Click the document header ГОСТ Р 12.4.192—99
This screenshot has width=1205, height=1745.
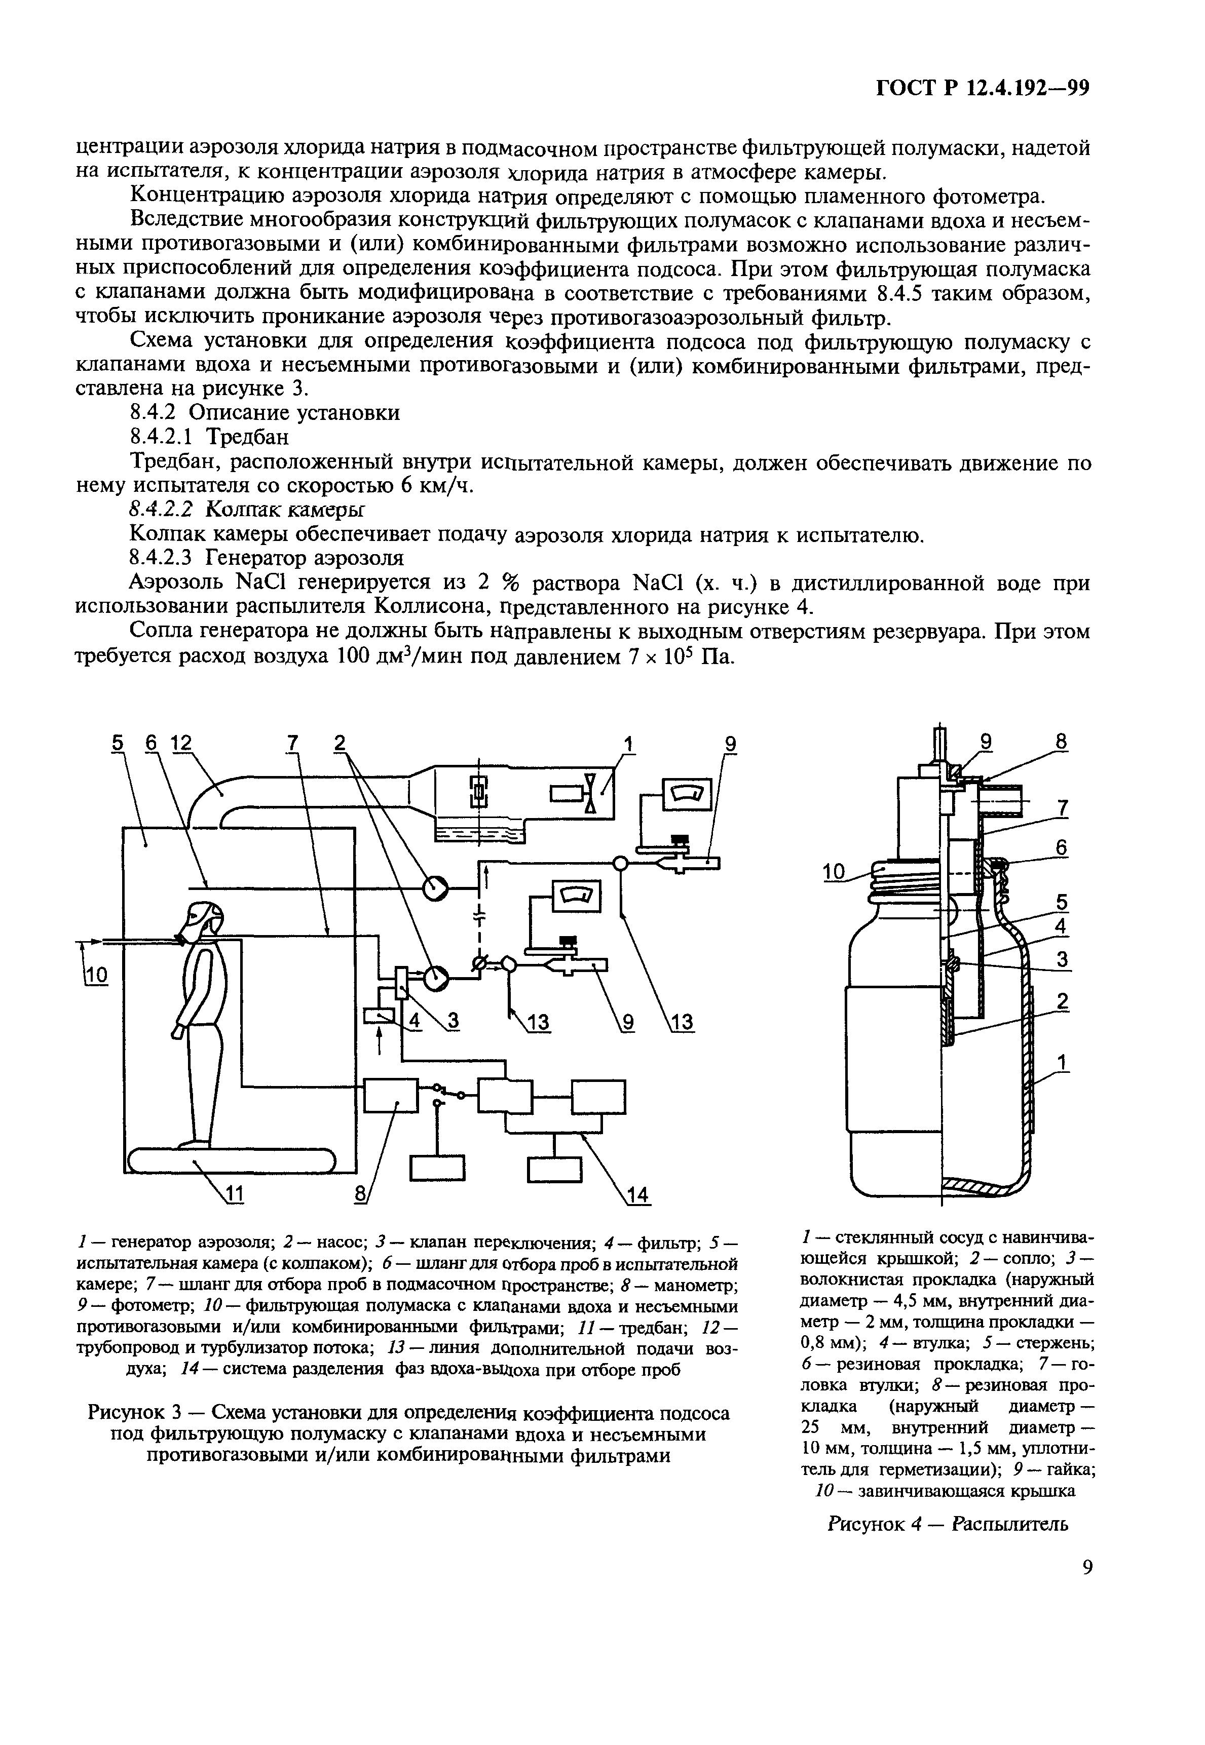(x=982, y=89)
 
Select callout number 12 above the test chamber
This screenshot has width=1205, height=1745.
(x=181, y=744)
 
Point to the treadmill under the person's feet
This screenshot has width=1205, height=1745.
(x=230, y=1160)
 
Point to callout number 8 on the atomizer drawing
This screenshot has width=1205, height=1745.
(x=1062, y=743)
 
